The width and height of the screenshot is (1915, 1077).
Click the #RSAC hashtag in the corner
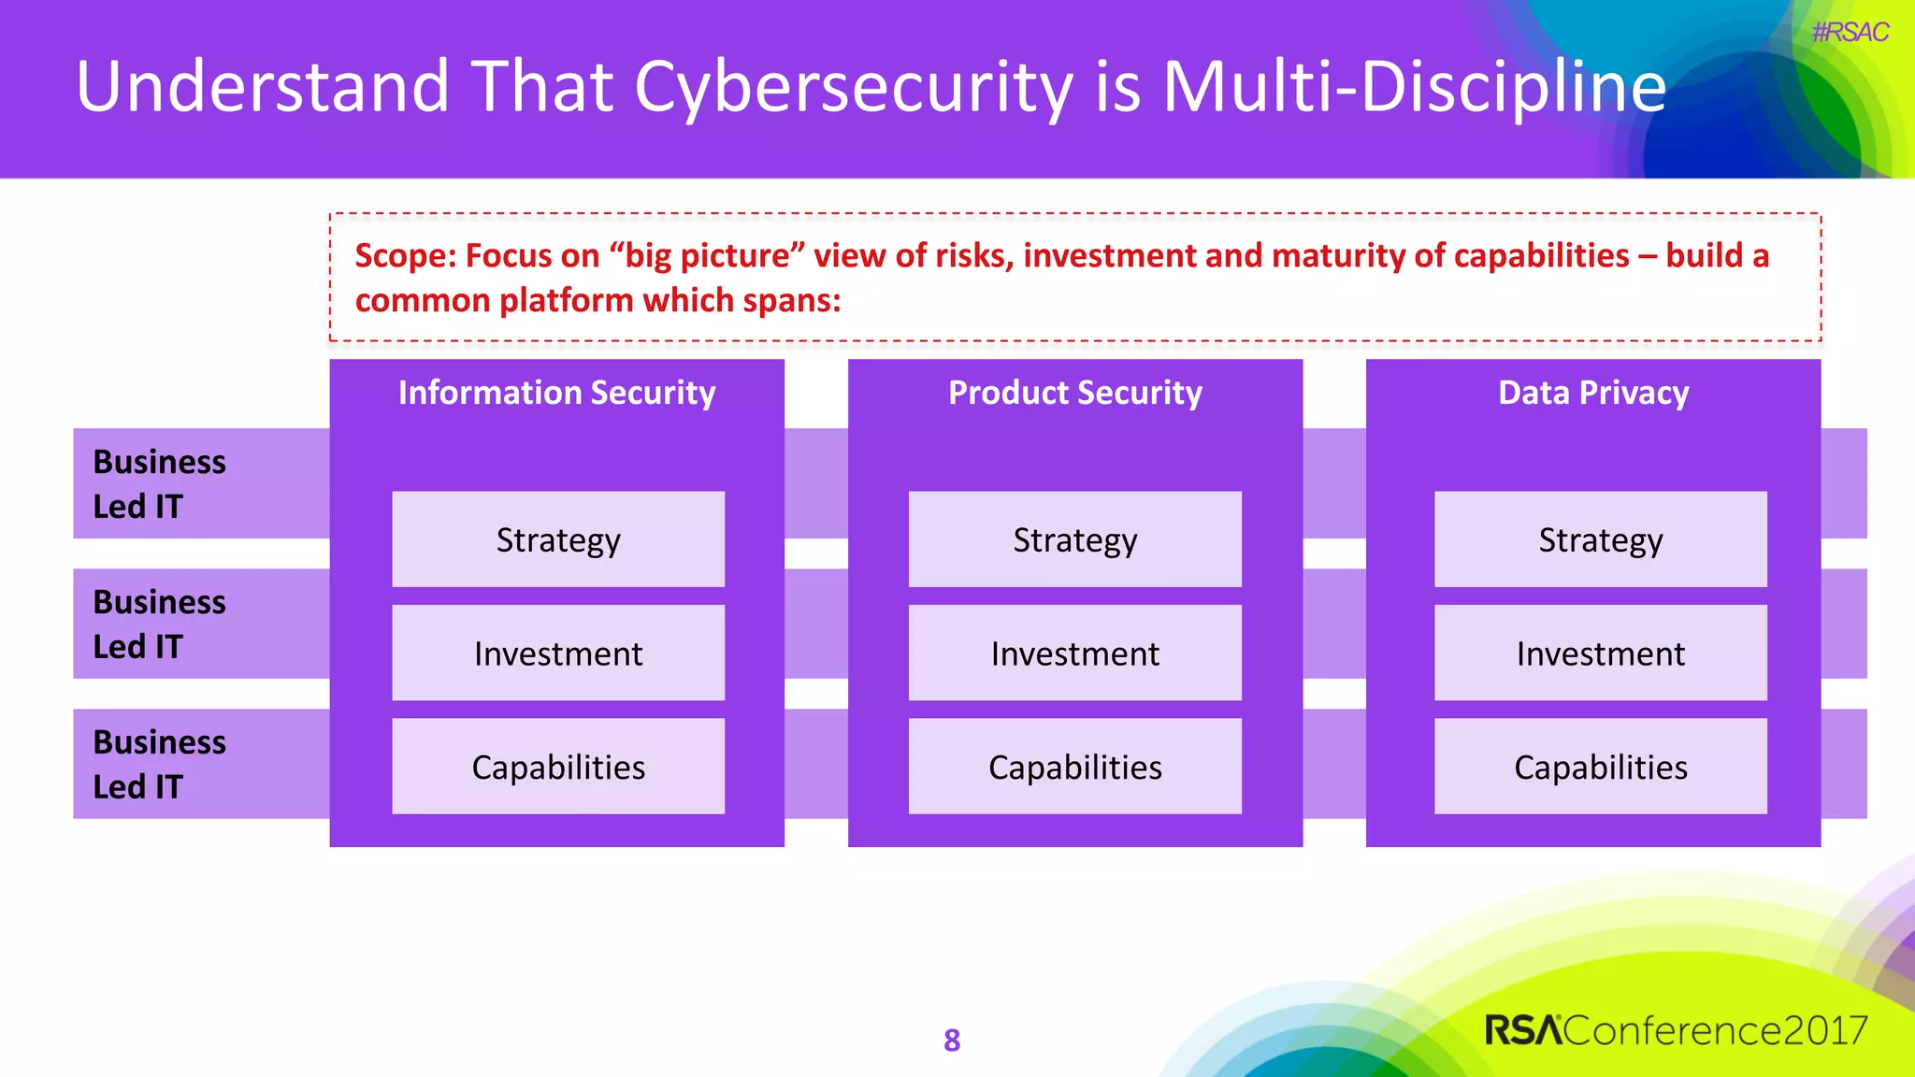tap(1849, 33)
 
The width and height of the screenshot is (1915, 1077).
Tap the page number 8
tap(952, 1040)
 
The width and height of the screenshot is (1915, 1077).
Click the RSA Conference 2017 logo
tap(1675, 1029)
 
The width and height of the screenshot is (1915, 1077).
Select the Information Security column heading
tap(556, 393)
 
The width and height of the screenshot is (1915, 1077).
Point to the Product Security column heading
tap(1074, 393)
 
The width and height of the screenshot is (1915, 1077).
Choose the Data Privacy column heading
tap(1592, 393)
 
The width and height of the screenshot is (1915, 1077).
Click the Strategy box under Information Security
tap(558, 539)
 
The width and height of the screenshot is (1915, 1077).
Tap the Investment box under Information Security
tap(558, 653)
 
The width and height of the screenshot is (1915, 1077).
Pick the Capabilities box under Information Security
tap(558, 767)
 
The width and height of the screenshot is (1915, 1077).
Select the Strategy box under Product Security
tap(1074, 539)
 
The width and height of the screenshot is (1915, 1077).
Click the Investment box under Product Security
tap(1074, 653)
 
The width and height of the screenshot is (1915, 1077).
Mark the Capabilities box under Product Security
tap(1074, 767)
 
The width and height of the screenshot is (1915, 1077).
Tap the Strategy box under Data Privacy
tap(1600, 539)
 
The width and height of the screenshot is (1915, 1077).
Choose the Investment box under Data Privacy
tap(1600, 653)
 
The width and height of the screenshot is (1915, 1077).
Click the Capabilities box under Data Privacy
tap(1600, 767)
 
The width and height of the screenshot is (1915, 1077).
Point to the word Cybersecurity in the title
tap(853, 87)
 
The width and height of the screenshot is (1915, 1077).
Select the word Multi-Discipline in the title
tap(1413, 87)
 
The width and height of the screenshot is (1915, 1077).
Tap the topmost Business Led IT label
tap(160, 483)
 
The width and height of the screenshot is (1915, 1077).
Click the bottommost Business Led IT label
tap(160, 764)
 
